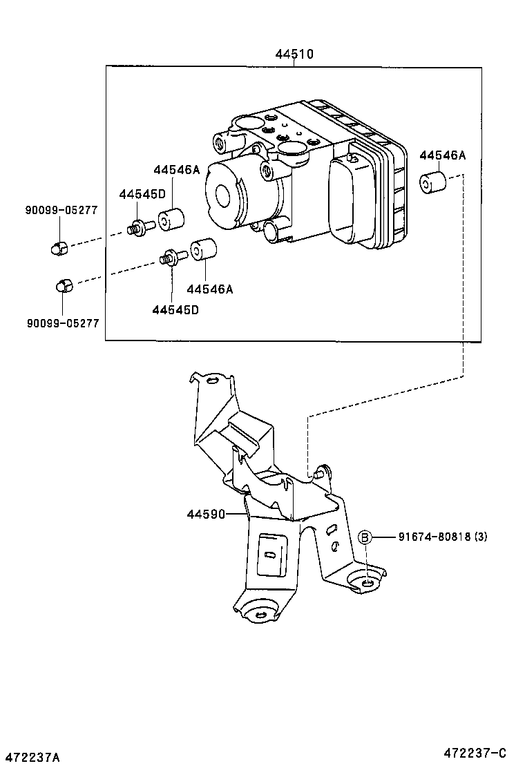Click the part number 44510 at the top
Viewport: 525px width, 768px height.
coord(294,54)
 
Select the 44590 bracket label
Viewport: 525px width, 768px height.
coord(205,514)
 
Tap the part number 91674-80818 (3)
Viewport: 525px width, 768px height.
coord(441,537)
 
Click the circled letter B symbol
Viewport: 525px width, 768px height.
coord(365,537)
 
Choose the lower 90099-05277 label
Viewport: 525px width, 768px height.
coord(63,323)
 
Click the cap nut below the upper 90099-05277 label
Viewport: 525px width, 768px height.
coord(59,247)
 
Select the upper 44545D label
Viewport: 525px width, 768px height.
coord(142,195)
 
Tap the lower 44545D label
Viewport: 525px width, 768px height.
coord(175,309)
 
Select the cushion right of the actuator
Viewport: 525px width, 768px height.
coord(432,182)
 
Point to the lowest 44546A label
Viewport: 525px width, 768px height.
coord(209,289)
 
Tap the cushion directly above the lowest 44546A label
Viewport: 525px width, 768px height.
coord(204,251)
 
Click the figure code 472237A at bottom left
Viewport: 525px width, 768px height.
coord(30,758)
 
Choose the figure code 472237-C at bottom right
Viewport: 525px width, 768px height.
coord(475,752)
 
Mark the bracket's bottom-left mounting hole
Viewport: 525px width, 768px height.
coord(260,615)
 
